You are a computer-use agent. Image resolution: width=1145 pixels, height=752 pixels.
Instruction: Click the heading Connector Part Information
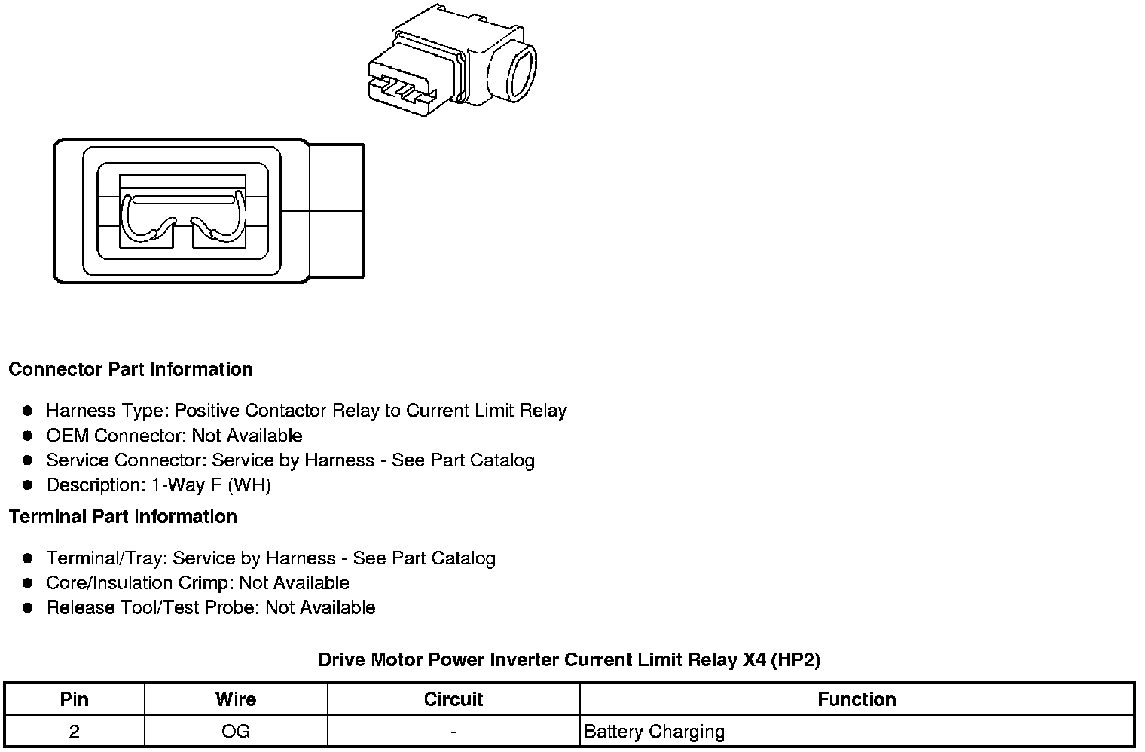(130, 369)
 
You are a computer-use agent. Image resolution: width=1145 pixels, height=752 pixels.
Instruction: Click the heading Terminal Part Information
(123, 516)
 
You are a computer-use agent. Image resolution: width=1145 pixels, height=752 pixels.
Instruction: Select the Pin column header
(74, 699)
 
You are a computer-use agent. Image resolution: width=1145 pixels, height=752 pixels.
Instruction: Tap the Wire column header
(235, 699)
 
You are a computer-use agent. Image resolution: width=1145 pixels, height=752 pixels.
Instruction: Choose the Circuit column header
(453, 699)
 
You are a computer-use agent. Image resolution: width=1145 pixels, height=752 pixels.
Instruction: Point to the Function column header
(856, 699)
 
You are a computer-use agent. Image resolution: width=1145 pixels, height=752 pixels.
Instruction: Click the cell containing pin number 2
(74, 731)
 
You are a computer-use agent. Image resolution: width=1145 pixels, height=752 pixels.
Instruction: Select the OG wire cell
(235, 731)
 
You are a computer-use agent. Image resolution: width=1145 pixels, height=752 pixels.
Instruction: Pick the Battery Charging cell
(654, 731)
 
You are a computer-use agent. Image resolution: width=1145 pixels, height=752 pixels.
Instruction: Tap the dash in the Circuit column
(453, 731)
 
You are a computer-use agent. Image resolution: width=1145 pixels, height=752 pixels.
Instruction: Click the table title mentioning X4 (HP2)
(569, 660)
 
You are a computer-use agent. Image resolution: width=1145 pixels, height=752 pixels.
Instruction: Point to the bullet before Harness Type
(28, 411)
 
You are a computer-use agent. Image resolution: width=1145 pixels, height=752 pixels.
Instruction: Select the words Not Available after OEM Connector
(247, 436)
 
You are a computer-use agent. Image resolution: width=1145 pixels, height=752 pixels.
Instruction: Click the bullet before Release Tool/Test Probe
(28, 607)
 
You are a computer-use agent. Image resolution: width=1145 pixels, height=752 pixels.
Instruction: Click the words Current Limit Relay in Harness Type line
(486, 411)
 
